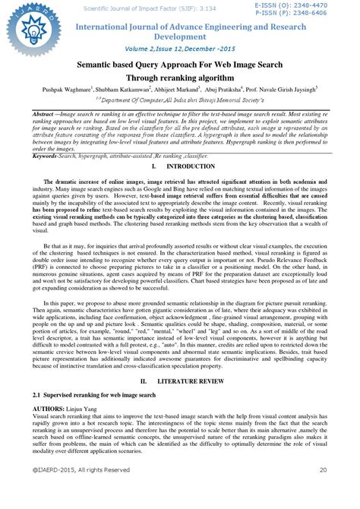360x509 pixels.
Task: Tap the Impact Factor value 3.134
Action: [x=166, y=5]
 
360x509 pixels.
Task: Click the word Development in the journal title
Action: [x=180, y=36]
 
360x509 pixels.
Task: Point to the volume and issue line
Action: [x=180, y=47]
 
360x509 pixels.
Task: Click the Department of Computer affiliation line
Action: [x=180, y=100]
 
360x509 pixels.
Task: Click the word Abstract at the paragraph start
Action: [x=48, y=113]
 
